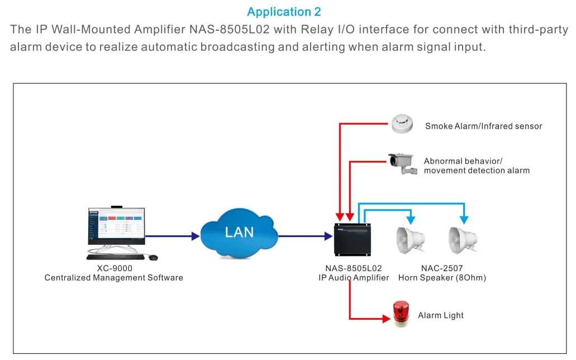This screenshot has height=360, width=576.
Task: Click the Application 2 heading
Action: coord(284,12)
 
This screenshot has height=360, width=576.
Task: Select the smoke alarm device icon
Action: coord(403,124)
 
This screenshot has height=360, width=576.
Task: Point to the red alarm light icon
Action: coord(400,314)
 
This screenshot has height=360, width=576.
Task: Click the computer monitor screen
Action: coord(116,226)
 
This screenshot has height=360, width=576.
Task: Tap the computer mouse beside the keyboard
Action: coord(153,257)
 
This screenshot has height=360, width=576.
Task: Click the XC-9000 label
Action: coord(115,268)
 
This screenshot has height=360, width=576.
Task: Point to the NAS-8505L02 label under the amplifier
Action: coord(354,268)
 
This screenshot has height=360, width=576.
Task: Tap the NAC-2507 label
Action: coord(441,268)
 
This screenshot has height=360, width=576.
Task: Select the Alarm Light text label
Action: coord(441,316)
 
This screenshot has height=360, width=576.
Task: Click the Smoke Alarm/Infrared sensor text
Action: coord(483,126)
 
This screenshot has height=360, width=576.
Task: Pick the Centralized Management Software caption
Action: coord(114,278)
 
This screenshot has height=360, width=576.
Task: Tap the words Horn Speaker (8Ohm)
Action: coord(442,278)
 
